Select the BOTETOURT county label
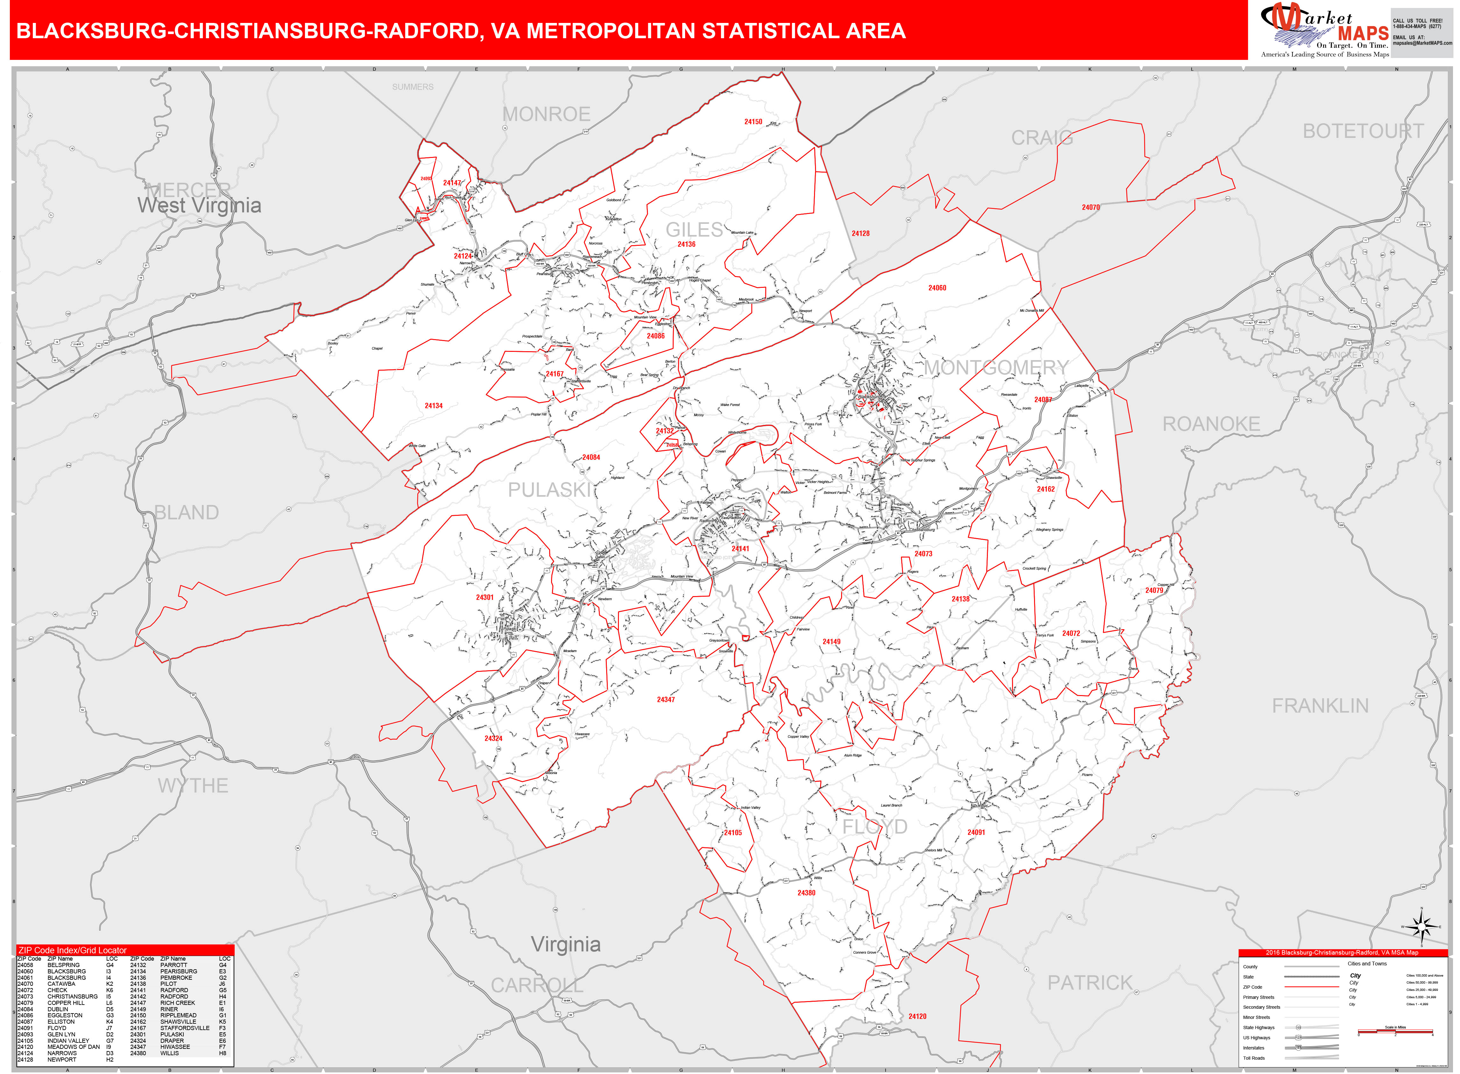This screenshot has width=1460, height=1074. (x=1363, y=131)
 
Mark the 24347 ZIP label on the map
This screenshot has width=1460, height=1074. (x=666, y=700)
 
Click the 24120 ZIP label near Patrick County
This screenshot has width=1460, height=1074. (x=917, y=1016)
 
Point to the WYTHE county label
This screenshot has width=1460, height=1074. (x=193, y=786)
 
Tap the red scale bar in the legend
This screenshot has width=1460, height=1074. (x=1395, y=1031)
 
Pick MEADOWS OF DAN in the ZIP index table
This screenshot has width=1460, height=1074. (x=74, y=1047)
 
